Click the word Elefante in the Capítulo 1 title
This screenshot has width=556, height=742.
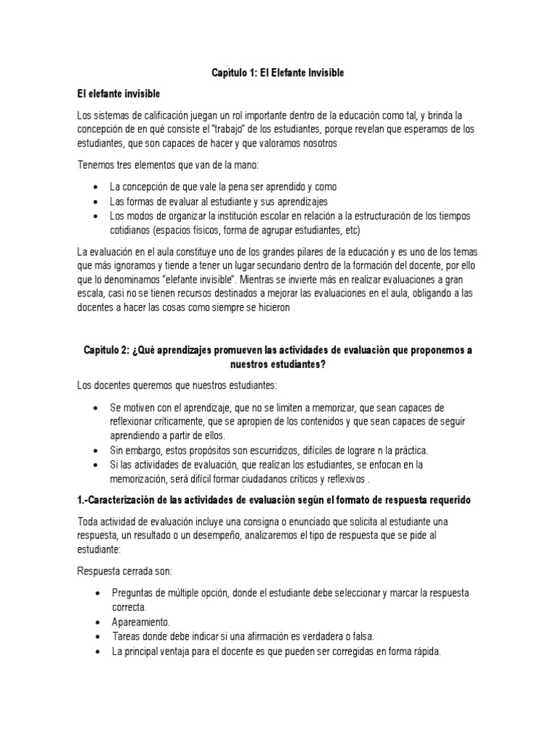pos(266,73)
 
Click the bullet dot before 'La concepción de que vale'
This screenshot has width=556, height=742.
pos(96,187)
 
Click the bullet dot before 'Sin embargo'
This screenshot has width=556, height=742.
pos(96,450)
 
